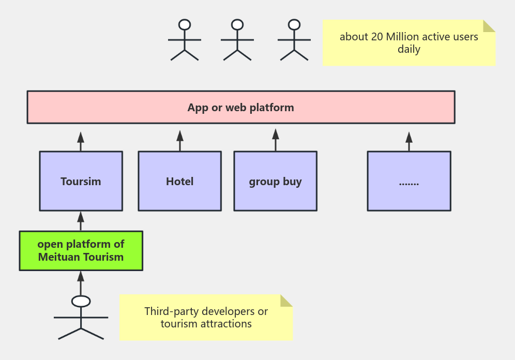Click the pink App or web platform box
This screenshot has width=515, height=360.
240,108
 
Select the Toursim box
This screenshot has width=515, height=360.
81,181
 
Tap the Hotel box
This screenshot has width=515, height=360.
179,181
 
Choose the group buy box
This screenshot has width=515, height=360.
275,181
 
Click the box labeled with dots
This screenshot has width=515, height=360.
408,181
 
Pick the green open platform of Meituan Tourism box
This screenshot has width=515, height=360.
81,251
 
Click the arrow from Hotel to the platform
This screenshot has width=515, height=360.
180,140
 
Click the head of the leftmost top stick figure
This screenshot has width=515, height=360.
185,24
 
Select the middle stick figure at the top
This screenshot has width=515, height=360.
237,41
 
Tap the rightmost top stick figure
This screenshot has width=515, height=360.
294,41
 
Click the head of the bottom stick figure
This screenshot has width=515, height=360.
81,301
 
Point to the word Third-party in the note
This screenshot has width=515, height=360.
171,311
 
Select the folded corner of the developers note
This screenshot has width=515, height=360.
286,301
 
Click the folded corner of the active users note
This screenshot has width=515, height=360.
489,26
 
